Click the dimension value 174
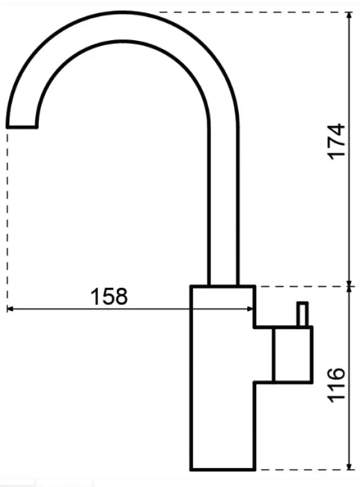(336, 141)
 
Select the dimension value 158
(110, 296)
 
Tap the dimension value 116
(336, 385)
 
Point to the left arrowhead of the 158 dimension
(10, 309)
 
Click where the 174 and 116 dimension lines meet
(350, 285)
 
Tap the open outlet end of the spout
(21, 127)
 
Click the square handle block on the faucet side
(293, 354)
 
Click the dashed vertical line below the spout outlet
(7, 213)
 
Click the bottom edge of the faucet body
(222, 470)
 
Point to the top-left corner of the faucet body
(191, 286)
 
